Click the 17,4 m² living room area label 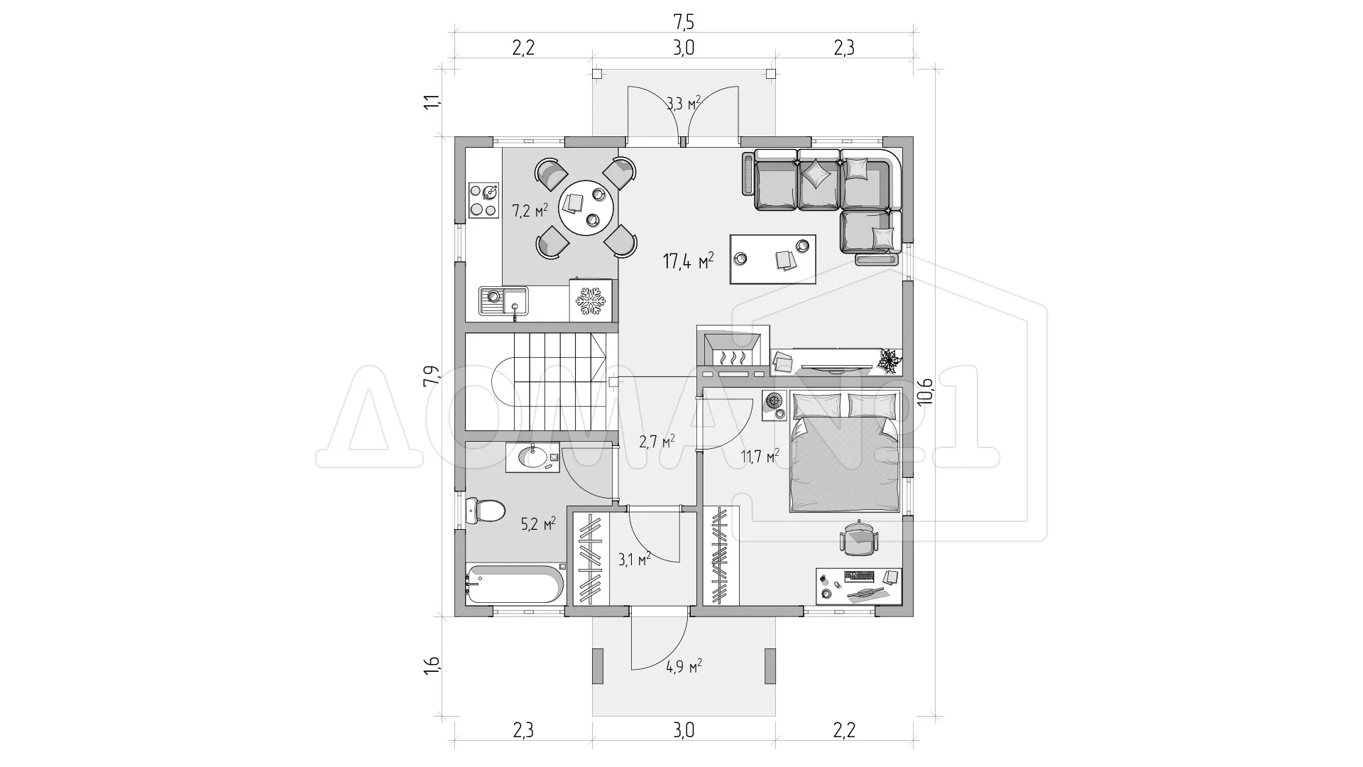point(688,261)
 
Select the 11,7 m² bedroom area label point(760,455)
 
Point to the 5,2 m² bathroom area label point(538,524)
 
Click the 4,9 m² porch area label point(684,666)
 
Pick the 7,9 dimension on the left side point(432,375)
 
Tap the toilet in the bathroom point(486,509)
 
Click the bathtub point(515,584)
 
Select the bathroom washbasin point(532,457)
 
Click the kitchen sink point(503,300)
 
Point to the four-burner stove point(483,200)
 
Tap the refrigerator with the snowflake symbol point(591,300)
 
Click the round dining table point(589,207)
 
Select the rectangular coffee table point(773,259)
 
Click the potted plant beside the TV point(889,360)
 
